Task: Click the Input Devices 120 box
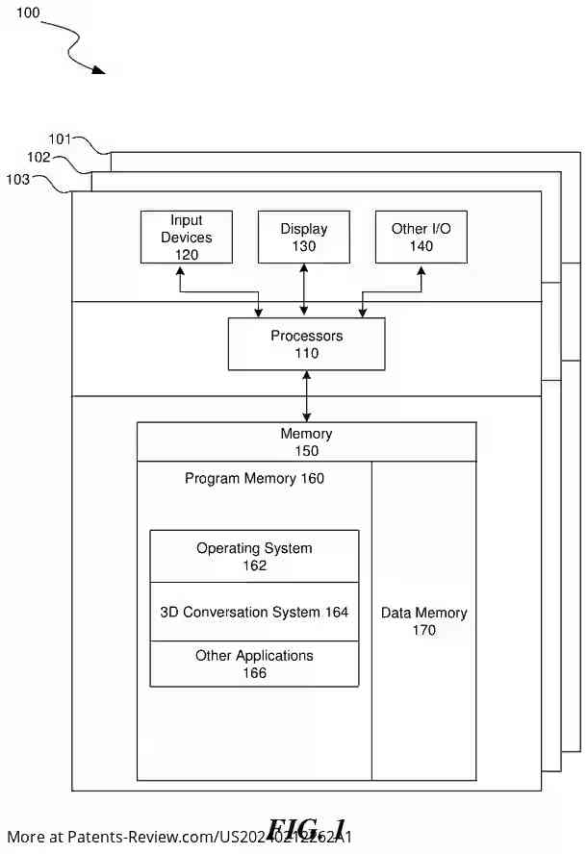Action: (x=187, y=238)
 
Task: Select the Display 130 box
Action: (x=304, y=238)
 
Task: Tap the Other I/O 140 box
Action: (x=422, y=238)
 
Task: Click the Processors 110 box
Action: (x=306, y=344)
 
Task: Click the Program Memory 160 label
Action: (x=254, y=478)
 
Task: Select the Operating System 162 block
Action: (x=254, y=557)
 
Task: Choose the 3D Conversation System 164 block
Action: (x=254, y=612)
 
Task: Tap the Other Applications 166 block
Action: (x=254, y=665)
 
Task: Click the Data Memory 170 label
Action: (x=423, y=621)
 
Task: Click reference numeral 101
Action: (x=61, y=138)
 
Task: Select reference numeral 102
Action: (x=38, y=157)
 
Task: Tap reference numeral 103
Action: (x=18, y=178)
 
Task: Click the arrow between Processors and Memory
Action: (x=306, y=396)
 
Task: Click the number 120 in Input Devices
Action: (x=187, y=254)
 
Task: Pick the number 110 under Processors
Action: (x=306, y=353)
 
